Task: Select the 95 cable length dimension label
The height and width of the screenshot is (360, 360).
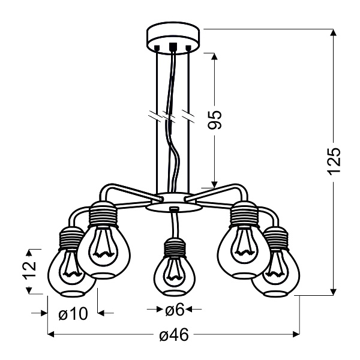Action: pos(216,119)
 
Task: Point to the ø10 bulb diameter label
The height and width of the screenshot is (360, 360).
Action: pos(73,313)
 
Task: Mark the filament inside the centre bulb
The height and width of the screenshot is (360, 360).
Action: pos(174,274)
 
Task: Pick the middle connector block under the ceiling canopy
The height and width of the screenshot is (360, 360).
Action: pos(173,46)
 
